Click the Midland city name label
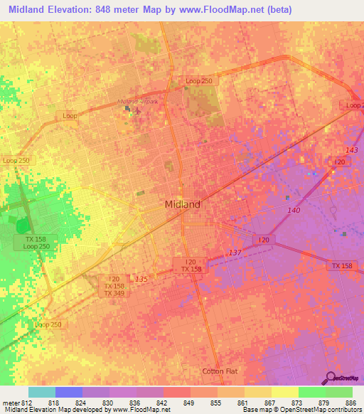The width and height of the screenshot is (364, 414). pos(183,204)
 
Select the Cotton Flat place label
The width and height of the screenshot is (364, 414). pos(220,371)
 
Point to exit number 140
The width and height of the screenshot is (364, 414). pos(294,211)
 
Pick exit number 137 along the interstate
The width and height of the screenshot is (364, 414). pos(236,253)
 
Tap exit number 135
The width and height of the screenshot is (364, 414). pos(141,279)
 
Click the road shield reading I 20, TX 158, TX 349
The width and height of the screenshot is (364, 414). pos(114,286)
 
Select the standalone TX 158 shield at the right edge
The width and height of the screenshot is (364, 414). pos(341,265)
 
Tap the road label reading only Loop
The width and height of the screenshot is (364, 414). pos(70,115)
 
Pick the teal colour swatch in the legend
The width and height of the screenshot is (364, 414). pos(42,392)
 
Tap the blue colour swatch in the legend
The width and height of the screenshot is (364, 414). pos(69,392)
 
